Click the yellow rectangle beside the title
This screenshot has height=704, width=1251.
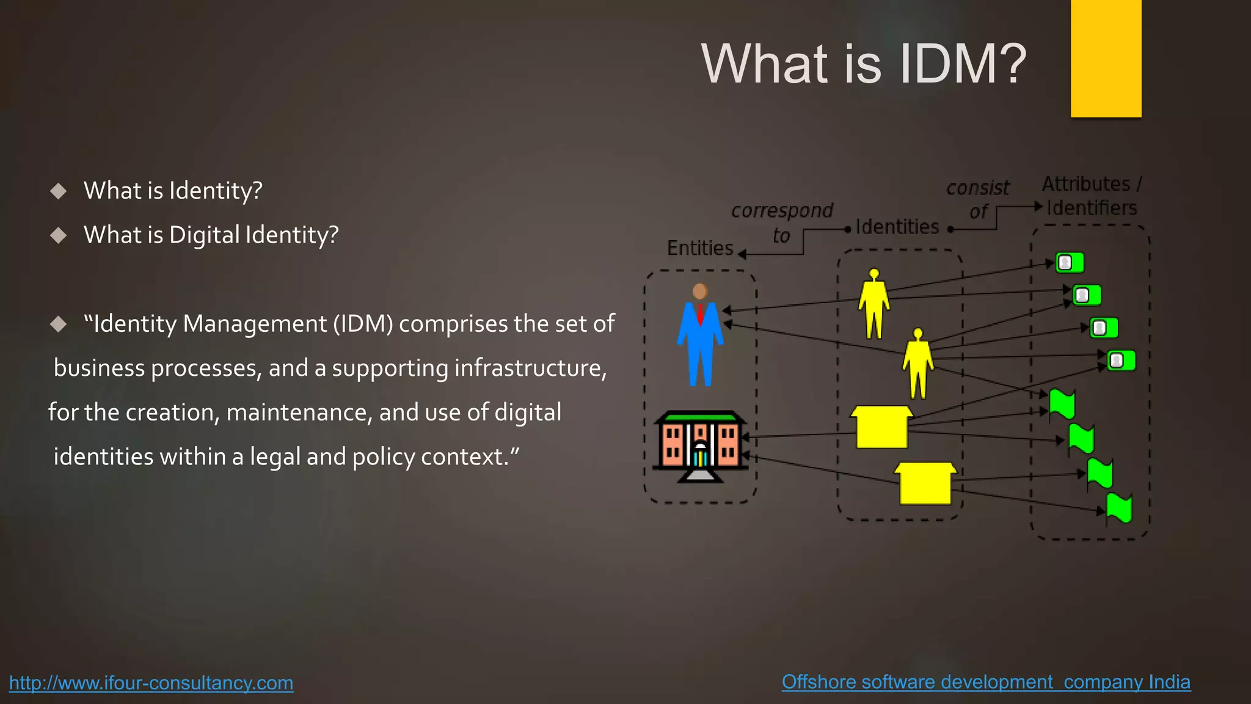1106,58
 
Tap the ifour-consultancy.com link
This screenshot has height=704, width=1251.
151,683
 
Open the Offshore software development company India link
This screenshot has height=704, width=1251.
986,681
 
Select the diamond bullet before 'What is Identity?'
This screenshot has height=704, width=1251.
58,191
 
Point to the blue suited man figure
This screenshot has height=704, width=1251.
700,342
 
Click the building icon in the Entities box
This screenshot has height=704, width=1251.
700,446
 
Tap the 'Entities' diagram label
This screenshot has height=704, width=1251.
700,248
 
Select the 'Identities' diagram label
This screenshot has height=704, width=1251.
897,227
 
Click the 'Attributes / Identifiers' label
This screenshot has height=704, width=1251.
1092,196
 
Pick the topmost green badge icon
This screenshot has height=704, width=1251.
1070,263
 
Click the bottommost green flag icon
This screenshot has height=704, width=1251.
1119,508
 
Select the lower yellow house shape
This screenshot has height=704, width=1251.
925,483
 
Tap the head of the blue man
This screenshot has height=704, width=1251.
700,291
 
